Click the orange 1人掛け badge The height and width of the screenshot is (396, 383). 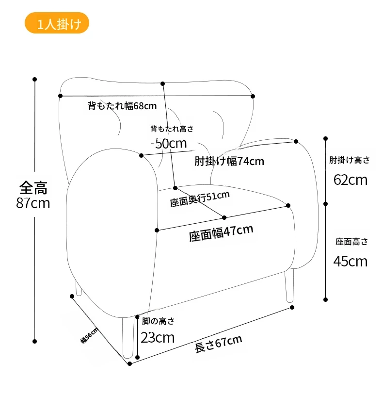(57, 23)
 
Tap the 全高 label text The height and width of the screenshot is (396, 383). (33, 188)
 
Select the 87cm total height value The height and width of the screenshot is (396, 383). (33, 203)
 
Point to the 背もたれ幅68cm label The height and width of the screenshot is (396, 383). (122, 106)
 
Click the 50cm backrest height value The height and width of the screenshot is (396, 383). (171, 143)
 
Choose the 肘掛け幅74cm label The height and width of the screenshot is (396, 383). (229, 161)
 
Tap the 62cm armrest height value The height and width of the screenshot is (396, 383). (350, 180)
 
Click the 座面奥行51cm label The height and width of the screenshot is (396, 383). (200, 199)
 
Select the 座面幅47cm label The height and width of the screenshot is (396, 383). (221, 233)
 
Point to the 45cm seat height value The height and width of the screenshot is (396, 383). (350, 262)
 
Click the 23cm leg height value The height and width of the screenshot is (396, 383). (158, 337)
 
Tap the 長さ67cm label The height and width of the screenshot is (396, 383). (218, 344)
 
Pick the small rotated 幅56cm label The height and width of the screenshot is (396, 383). (89, 335)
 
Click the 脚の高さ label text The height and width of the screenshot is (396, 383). (158, 321)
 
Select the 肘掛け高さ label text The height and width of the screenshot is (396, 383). (350, 160)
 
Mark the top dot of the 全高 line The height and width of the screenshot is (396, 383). (35, 79)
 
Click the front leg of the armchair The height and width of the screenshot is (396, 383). (128, 337)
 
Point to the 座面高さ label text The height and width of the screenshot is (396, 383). (351, 242)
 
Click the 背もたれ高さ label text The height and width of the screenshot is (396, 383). (172, 129)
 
